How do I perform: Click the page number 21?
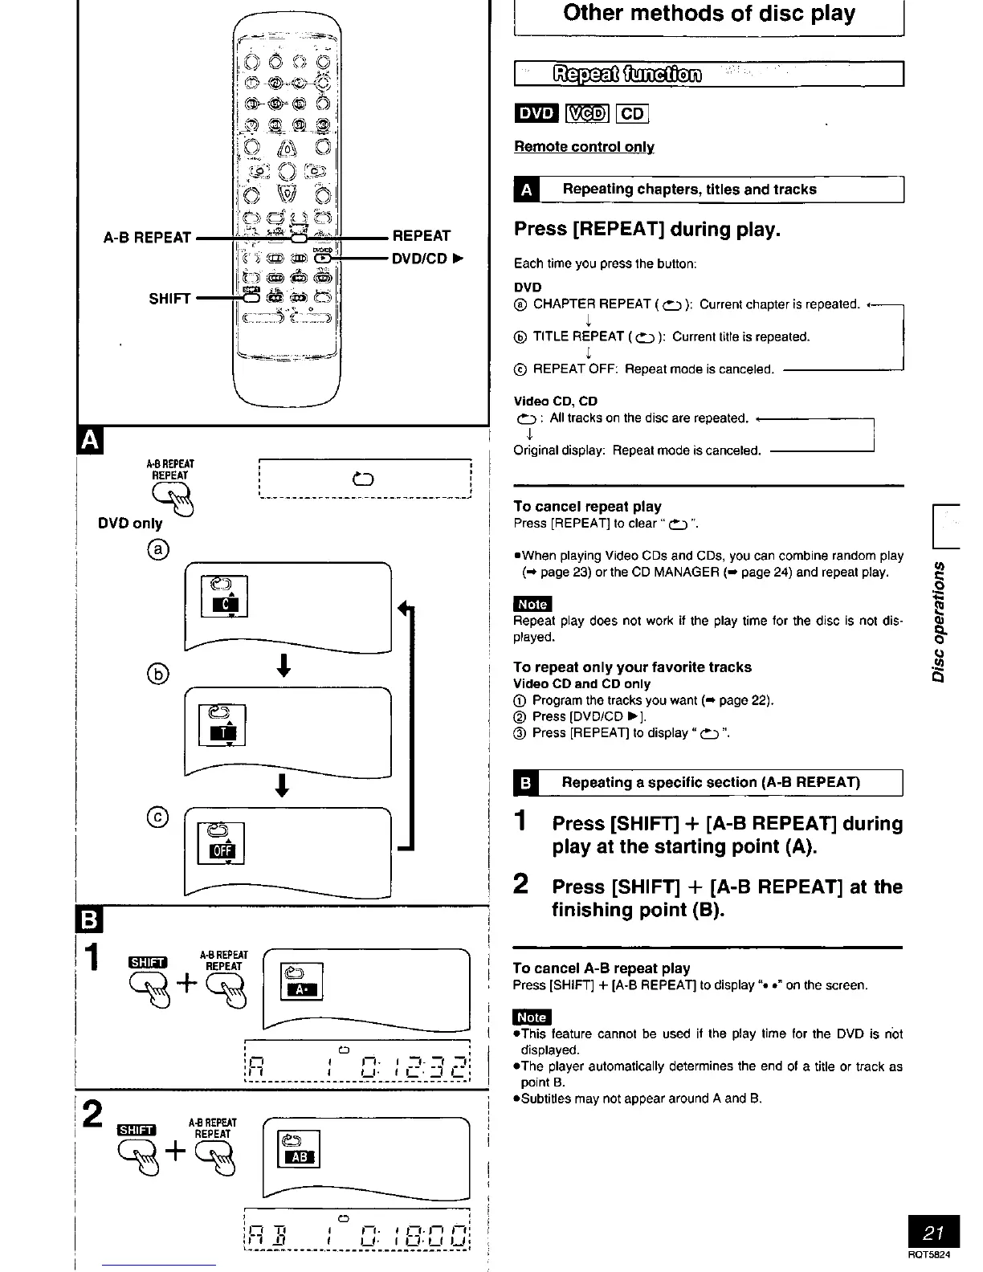(x=932, y=1232)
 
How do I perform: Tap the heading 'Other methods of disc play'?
(x=709, y=14)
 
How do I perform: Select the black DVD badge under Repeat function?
(x=536, y=113)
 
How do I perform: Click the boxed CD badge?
(x=632, y=113)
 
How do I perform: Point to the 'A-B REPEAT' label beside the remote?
(x=147, y=238)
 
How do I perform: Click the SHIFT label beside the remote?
(x=169, y=299)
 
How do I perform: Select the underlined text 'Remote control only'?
(x=584, y=147)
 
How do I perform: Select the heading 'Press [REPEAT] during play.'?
(x=647, y=230)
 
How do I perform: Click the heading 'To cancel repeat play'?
(x=587, y=507)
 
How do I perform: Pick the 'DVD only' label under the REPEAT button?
(x=130, y=524)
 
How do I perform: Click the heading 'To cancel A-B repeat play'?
(x=602, y=968)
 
